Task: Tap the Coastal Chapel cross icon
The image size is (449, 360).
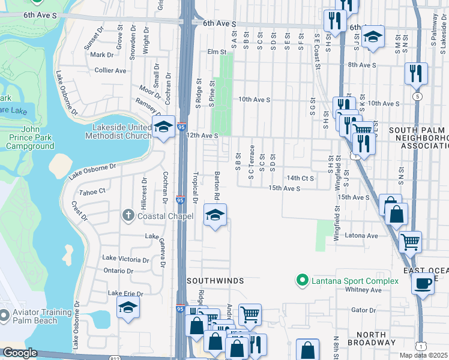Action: tap(128, 215)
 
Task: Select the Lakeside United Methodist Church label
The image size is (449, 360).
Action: tap(122, 131)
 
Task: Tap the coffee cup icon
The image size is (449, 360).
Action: tap(423, 283)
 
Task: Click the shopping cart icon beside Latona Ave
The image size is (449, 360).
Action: tap(410, 242)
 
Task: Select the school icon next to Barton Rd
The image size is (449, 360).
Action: tap(215, 215)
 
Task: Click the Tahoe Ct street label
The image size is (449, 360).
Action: tap(92, 191)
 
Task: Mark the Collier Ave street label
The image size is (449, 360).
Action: tap(110, 70)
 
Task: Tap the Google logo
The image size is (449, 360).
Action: tap(20, 353)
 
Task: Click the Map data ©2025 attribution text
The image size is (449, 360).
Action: tap(423, 355)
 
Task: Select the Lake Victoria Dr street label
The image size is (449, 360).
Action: tap(125, 260)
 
